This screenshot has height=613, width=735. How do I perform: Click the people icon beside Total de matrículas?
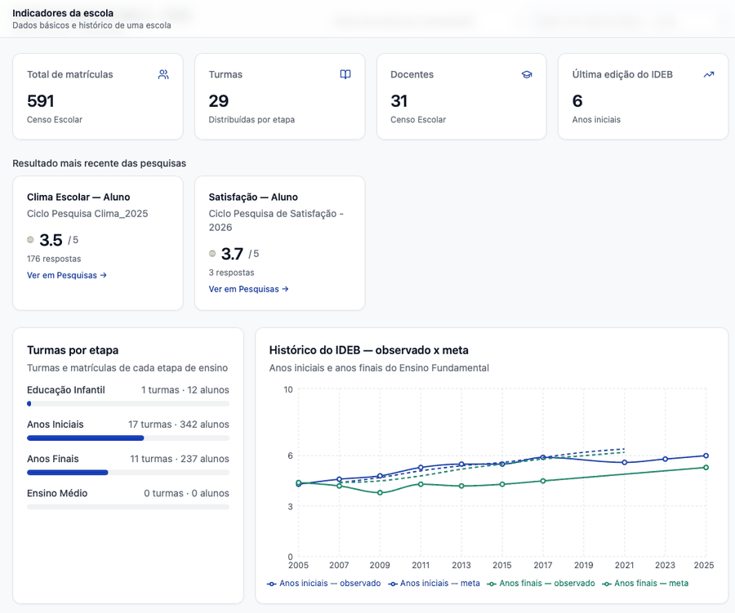[163, 74]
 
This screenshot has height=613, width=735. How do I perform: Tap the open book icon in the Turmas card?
[345, 74]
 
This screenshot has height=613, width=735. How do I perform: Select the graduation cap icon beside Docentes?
[527, 74]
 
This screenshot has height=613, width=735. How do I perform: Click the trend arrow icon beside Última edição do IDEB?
[709, 74]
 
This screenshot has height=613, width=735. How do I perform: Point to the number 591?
[41, 100]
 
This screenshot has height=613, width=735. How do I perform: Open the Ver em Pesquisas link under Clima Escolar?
[67, 275]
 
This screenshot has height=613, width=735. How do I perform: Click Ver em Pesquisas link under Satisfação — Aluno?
[248, 289]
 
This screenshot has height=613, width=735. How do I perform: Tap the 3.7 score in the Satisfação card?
[232, 254]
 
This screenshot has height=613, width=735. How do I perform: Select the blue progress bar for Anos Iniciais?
[85, 438]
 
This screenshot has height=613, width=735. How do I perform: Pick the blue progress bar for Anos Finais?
[68, 473]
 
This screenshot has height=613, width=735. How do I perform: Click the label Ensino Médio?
[57, 493]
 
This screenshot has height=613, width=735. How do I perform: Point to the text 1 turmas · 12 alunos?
[185, 390]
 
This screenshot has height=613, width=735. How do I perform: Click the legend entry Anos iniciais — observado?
[324, 584]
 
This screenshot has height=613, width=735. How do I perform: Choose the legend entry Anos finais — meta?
[645, 584]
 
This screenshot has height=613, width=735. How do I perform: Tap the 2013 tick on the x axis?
[461, 565]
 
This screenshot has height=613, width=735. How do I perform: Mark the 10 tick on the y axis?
[287, 389]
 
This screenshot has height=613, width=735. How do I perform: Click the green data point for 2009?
[380, 492]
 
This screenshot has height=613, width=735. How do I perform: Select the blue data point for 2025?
[706, 455]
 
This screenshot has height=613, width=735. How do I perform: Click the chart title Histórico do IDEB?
[314, 350]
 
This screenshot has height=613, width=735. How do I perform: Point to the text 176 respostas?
[54, 259]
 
